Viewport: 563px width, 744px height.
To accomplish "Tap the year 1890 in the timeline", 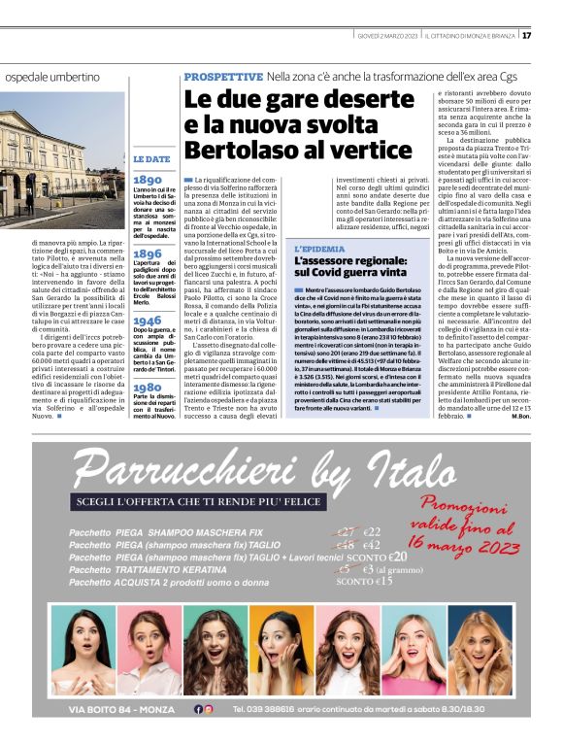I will [148, 180].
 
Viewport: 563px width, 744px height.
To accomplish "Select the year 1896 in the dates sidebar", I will [148, 254].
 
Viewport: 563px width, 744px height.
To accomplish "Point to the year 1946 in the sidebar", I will [148, 321].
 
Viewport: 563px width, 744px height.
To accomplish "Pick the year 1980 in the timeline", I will [148, 387].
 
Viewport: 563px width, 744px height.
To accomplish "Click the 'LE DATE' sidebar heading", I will [151, 158].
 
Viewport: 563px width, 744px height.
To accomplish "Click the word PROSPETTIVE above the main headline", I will [222, 76].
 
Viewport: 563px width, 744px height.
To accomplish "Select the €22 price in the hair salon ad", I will [372, 532].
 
